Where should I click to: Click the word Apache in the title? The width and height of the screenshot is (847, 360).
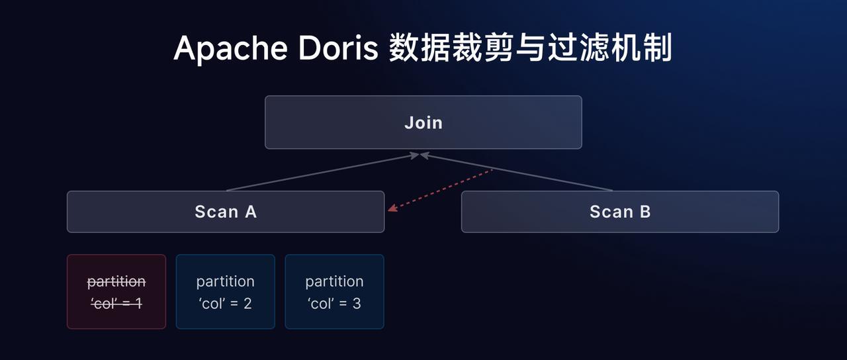[x=230, y=49]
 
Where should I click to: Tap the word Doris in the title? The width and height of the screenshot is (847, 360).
[x=338, y=48]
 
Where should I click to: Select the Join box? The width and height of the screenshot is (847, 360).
[x=423, y=122]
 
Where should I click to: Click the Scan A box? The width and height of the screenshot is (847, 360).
[x=226, y=212]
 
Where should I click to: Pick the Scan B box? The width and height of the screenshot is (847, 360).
[x=620, y=212]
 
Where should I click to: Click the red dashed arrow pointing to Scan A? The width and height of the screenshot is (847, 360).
[x=441, y=190]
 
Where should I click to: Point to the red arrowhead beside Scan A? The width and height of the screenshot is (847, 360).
[x=392, y=208]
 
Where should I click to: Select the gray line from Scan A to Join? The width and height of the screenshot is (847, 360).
[x=322, y=173]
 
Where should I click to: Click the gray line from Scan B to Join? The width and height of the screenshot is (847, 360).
[x=516, y=173]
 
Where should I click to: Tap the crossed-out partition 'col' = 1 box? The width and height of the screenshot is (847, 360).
[x=116, y=292]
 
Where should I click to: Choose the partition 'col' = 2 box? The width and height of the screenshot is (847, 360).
[x=226, y=292]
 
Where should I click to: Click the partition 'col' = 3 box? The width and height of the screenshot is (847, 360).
[x=334, y=292]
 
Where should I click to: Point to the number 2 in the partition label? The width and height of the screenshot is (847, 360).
[x=247, y=303]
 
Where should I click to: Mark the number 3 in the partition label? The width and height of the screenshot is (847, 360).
[x=357, y=303]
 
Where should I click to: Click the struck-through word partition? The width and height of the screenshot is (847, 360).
[x=116, y=282]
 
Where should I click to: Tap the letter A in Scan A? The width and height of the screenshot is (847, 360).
[x=251, y=212]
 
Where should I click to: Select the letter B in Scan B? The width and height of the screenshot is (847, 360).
[x=645, y=212]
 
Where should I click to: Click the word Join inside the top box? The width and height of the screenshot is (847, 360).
[x=423, y=123]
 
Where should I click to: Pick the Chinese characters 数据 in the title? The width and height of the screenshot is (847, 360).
[x=420, y=48]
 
